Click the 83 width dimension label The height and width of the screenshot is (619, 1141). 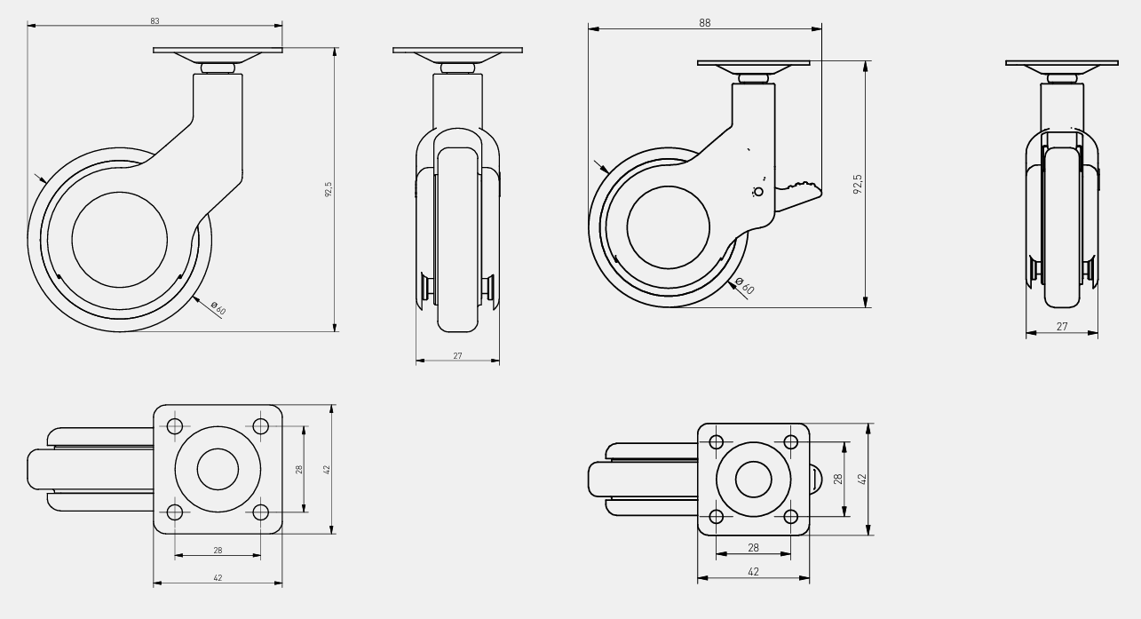point(155,21)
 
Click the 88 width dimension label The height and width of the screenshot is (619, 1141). point(705,23)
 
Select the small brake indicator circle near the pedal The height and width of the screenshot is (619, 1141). point(758,192)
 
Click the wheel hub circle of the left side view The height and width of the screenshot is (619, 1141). point(120,240)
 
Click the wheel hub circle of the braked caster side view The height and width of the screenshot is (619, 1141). point(669,227)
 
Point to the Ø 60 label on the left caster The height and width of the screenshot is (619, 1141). point(218,308)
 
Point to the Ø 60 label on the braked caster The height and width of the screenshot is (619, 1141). point(745,286)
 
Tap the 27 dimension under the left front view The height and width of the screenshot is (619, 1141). point(457,355)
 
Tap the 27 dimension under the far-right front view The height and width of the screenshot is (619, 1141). point(1062,326)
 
